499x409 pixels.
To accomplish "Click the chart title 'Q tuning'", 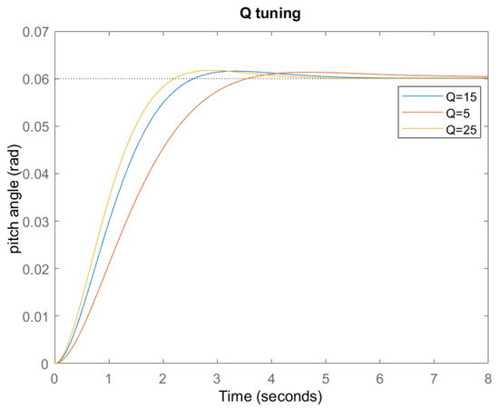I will (x=270, y=13).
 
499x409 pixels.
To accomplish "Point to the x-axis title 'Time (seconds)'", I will (x=270, y=397).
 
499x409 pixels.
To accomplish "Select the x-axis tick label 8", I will (x=487, y=377).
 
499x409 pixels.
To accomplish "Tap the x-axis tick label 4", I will (x=271, y=377).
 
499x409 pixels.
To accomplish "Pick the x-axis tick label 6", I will (x=379, y=377).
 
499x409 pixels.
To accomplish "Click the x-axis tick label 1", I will (x=109, y=377).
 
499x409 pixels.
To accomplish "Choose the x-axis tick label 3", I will (x=217, y=377).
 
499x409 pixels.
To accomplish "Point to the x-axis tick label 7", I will (x=434, y=377).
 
